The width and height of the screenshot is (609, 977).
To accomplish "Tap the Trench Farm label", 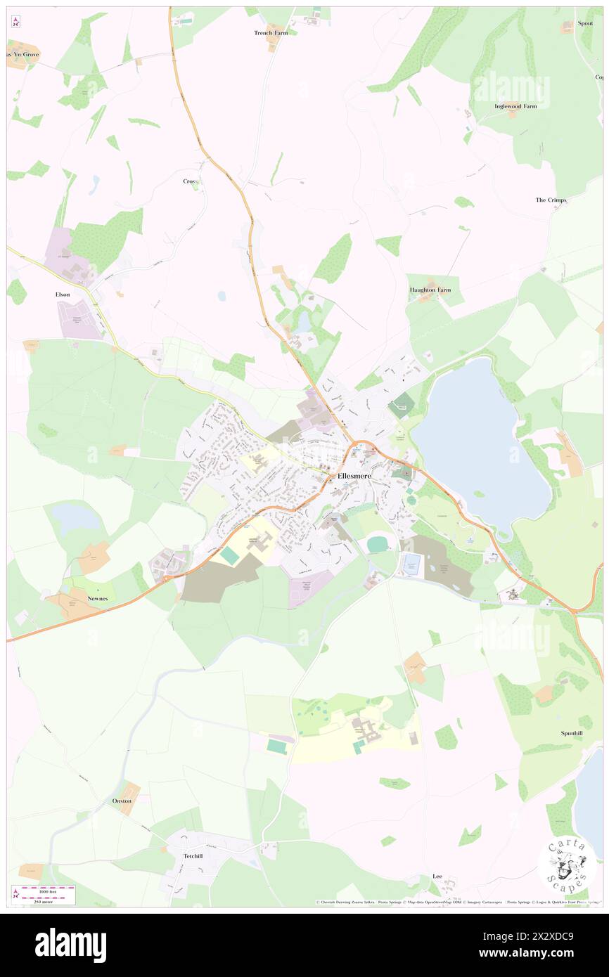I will tap(271, 33).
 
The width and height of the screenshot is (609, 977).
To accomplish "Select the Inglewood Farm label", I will tap(515, 106).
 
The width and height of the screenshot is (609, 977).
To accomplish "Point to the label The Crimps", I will tap(551, 200).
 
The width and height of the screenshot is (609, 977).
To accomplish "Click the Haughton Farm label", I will tap(430, 290).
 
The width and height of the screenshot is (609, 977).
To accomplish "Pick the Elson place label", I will tap(63, 295).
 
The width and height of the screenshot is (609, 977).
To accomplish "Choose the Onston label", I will tap(122, 801).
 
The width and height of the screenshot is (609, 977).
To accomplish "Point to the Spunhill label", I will tap(571, 733).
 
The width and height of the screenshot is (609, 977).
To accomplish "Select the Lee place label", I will tap(437, 876).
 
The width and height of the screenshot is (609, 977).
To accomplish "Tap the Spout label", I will tap(585, 23).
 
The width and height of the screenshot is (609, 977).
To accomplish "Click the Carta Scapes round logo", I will tap(567, 863).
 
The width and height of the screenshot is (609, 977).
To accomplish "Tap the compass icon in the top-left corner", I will tap(15, 23).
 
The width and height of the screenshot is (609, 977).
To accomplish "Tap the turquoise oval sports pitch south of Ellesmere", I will tap(377, 544).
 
